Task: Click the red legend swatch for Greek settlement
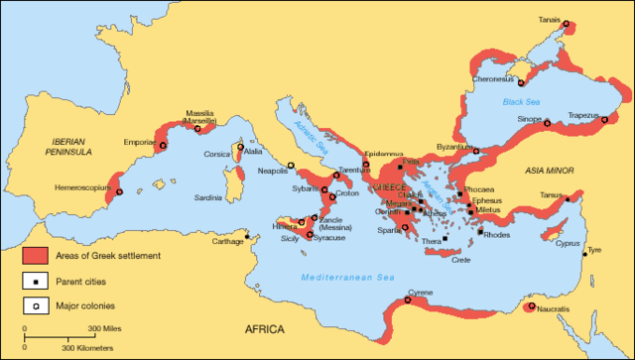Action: click(x=34, y=256)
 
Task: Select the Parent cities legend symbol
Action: click(x=34, y=281)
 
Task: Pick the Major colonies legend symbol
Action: click(x=34, y=305)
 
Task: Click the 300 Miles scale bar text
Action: click(x=106, y=328)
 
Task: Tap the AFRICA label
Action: click(x=265, y=328)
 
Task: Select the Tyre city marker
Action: click(x=584, y=251)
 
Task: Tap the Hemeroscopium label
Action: click(x=80, y=186)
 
